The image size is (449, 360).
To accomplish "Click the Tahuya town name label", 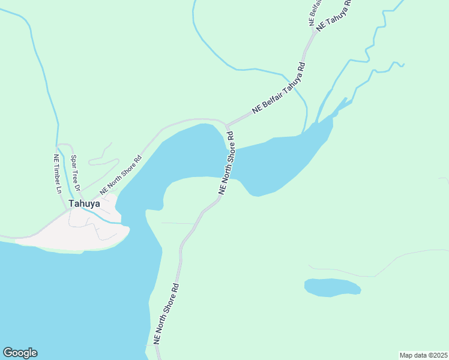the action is click(x=84, y=203).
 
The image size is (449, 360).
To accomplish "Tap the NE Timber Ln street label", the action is click(x=57, y=175).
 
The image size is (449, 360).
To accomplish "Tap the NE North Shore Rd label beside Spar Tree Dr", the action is click(x=121, y=175).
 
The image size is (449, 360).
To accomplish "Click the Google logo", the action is click(x=20, y=353).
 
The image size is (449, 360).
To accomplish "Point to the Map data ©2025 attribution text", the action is click(x=423, y=355).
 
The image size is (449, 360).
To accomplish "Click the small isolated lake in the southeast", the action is click(x=332, y=287).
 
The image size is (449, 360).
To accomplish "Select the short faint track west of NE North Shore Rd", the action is click(x=178, y=223).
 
